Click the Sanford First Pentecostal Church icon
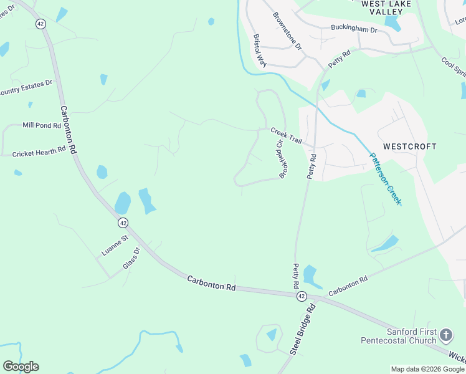446,335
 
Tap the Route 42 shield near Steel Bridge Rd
302,296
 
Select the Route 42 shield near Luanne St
123,223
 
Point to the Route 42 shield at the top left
40,23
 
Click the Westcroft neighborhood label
406,146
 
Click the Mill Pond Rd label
42,125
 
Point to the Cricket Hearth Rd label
39,151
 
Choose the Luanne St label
115,246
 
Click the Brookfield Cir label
282,160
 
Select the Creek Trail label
286,136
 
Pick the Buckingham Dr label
354,29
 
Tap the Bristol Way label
259,50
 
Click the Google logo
21,367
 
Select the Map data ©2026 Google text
427,369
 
